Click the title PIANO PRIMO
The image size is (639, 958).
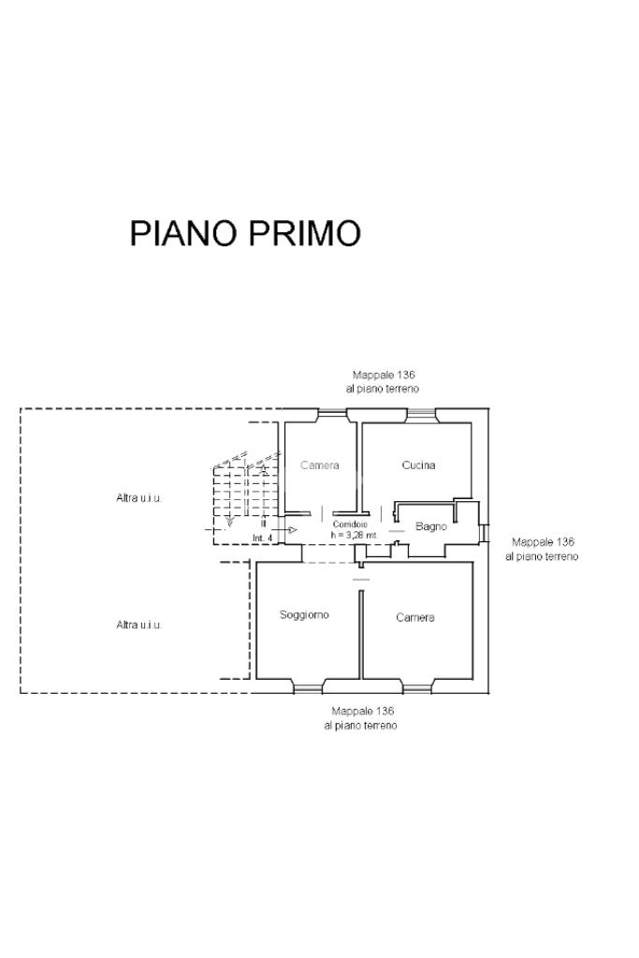point(245,233)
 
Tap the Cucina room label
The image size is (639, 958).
point(418,465)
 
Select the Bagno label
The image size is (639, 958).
point(431,526)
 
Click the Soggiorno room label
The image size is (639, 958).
point(304,615)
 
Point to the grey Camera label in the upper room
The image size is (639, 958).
point(320,465)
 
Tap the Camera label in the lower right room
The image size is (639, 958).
point(414,617)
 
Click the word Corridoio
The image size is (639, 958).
point(350,524)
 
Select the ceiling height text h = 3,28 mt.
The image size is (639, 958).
point(355,535)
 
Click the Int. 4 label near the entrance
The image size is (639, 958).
point(262,538)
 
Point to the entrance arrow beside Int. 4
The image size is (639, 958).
point(291,530)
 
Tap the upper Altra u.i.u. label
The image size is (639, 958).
point(138,497)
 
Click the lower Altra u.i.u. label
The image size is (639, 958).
point(138,625)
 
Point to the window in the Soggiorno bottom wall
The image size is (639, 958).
point(308,689)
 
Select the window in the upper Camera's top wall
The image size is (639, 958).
point(331,413)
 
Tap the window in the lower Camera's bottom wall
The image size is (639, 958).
point(416,689)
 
